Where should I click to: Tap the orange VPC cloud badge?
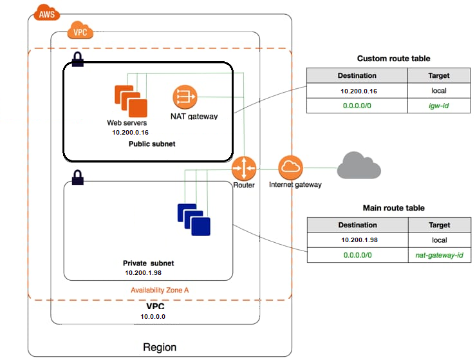click(x=81, y=31)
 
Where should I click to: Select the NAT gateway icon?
click(x=184, y=97)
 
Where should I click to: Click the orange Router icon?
click(x=245, y=169)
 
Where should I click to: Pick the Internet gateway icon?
click(x=290, y=168)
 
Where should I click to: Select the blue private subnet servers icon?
click(x=194, y=219)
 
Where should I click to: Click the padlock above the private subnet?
click(x=77, y=176)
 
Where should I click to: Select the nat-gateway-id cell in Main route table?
click(x=440, y=256)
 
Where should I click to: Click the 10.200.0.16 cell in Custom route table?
click(x=357, y=91)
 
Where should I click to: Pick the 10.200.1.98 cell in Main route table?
click(x=357, y=240)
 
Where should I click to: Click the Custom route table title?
click(x=393, y=59)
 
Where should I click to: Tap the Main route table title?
click(x=393, y=208)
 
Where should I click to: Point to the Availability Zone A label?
click(x=160, y=290)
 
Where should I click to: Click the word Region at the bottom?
click(x=159, y=347)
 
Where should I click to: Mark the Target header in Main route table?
click(x=440, y=225)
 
